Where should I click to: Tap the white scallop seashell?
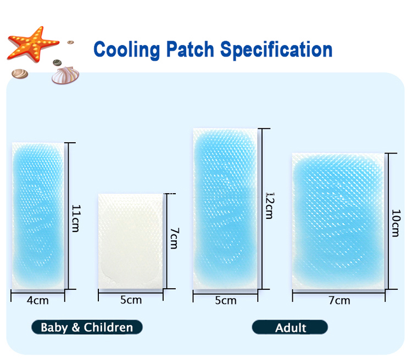point(64,75)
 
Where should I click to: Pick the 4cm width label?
point(38,300)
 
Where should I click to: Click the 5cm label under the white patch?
point(131,300)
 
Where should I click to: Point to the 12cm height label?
point(269,205)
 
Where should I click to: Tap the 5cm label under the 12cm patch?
point(225,300)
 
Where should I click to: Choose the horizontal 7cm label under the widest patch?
point(339,300)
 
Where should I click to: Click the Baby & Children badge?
point(87,328)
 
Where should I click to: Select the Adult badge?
point(290,328)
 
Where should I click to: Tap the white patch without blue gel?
point(131,241)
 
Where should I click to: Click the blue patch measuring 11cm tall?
point(38,215)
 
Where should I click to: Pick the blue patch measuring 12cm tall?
point(225,209)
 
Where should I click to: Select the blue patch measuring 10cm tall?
point(339,221)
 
